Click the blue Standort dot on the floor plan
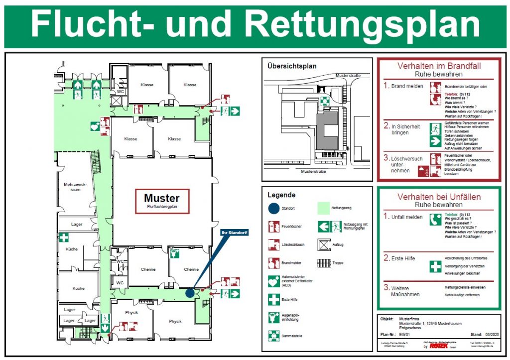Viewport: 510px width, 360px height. [190, 293]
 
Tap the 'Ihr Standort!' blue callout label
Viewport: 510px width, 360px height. [235, 232]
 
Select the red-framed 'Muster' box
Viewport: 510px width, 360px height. [162, 201]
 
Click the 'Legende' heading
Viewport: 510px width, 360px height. [281, 195]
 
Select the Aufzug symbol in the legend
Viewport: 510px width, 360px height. [324, 244]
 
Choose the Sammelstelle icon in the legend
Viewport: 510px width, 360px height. [273, 336]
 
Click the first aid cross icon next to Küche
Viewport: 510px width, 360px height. [64, 238]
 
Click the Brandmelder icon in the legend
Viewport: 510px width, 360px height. [273, 263]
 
